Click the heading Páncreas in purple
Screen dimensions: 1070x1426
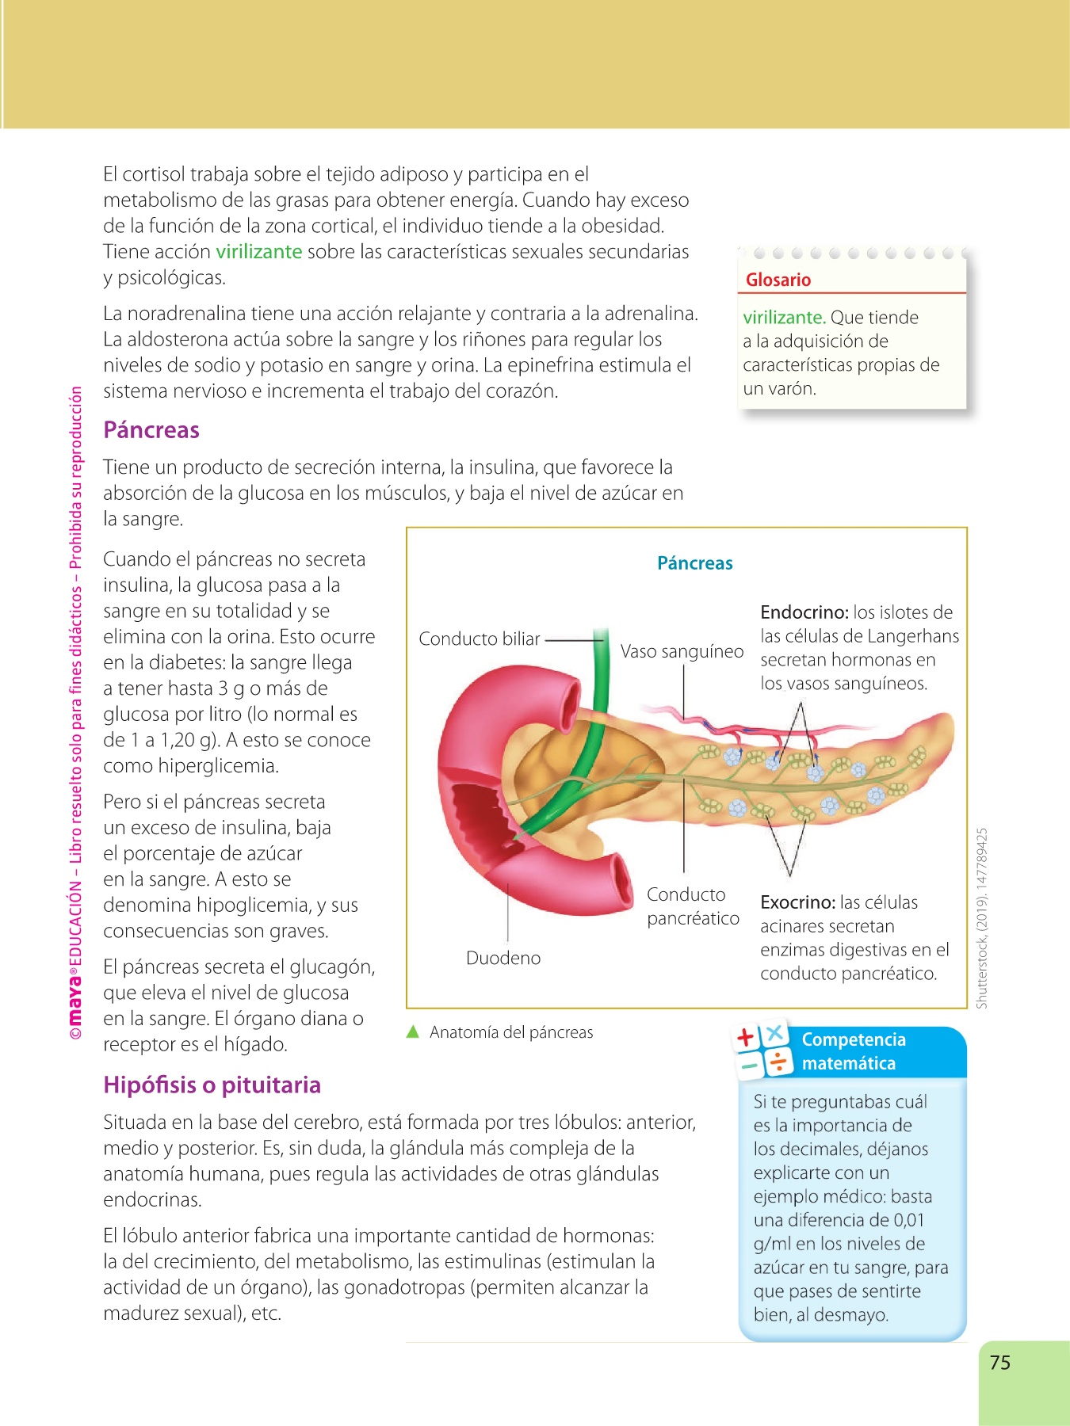pos(151,430)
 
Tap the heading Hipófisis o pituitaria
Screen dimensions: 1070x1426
pos(212,1085)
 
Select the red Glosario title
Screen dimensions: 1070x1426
pos(778,280)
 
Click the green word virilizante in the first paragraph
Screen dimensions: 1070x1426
pos(259,252)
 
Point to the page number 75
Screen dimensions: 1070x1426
pos(1000,1363)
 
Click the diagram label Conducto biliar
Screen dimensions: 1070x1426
pos(480,639)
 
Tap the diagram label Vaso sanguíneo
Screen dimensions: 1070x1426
pos(682,652)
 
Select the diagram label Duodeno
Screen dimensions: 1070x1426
pos(503,959)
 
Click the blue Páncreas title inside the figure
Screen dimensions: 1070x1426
pos(695,563)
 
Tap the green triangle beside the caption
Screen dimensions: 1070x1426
pos(412,1031)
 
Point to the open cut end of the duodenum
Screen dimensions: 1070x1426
pos(615,884)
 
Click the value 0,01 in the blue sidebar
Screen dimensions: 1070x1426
pos(909,1220)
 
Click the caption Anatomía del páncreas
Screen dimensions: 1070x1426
pos(511,1032)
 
